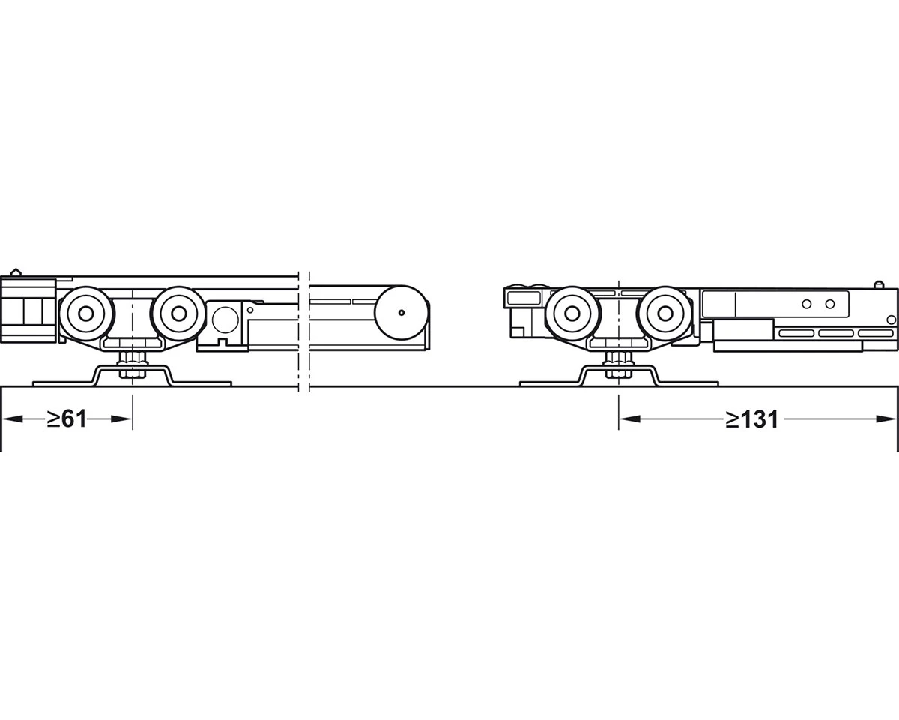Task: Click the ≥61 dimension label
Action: coord(67,418)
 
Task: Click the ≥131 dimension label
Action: coord(752,418)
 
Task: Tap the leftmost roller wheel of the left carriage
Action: coord(85,313)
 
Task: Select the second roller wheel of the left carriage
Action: coord(178,313)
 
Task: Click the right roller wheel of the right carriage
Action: coord(665,313)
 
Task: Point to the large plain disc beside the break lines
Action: coord(402,313)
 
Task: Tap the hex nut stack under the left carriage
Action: coord(132,363)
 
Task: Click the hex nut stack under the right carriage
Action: coord(618,363)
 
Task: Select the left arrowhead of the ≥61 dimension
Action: coord(13,418)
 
